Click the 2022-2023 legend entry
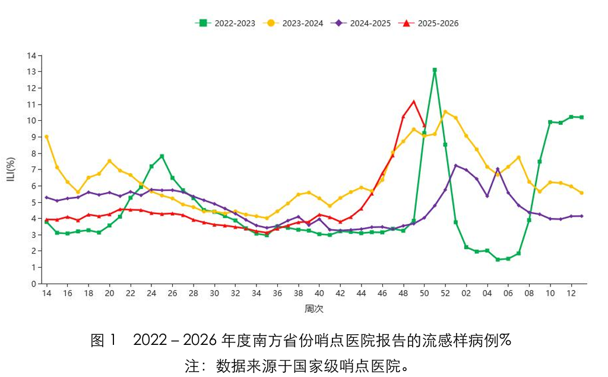[x=226, y=23]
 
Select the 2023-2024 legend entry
[x=294, y=23]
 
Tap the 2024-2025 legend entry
[x=362, y=23]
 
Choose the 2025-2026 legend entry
[x=430, y=23]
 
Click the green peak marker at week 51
[x=435, y=70]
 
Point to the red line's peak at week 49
[x=414, y=102]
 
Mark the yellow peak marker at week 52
[x=445, y=112]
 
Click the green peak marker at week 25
[x=162, y=156]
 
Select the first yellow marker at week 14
[x=46, y=137]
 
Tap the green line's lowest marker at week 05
[x=498, y=259]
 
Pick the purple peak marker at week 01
[x=456, y=165]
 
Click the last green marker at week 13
[x=581, y=117]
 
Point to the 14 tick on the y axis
[x=32, y=55]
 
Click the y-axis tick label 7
[x=34, y=169]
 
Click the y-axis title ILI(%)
[x=12, y=169]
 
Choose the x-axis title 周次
[x=313, y=309]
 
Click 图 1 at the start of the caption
[x=104, y=341]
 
